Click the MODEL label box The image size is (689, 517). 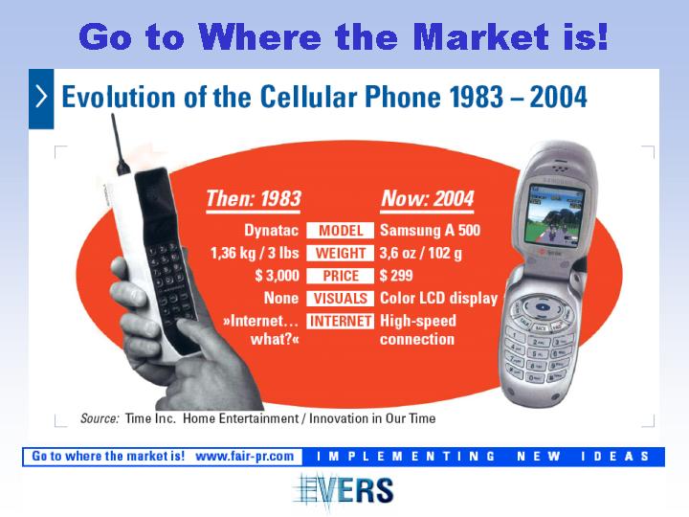[340, 231]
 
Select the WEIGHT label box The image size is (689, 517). [340, 253]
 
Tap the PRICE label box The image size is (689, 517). [340, 276]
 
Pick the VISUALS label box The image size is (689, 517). [340, 299]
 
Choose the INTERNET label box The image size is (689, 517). [340, 321]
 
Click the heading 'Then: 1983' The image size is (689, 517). [254, 199]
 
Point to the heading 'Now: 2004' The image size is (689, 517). [428, 199]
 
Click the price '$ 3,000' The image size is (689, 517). [277, 276]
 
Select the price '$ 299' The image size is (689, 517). [396, 276]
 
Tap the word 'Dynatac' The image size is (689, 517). [271, 231]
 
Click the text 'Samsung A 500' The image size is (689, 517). [431, 231]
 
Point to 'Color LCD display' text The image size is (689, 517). [438, 299]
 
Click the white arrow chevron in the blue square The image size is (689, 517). [41, 97]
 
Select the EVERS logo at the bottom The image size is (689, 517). [344, 490]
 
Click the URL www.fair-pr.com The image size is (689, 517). [244, 457]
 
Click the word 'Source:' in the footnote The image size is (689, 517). [100, 418]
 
